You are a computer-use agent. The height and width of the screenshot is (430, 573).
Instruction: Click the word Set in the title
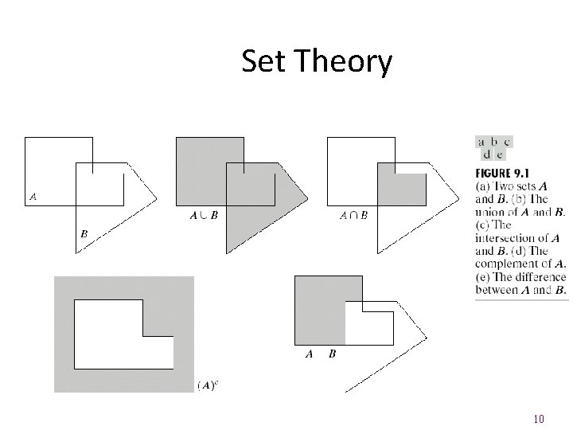pyautogui.click(x=266, y=61)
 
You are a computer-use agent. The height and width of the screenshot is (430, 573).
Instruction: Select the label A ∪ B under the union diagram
pyautogui.click(x=205, y=215)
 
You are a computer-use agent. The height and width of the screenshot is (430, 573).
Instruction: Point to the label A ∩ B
pyautogui.click(x=353, y=215)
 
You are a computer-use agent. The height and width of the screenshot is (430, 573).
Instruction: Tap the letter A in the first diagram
pyautogui.click(x=33, y=195)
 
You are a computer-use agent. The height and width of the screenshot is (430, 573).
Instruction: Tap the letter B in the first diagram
pyautogui.click(x=84, y=234)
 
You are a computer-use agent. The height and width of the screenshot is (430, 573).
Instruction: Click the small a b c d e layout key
pyautogui.click(x=493, y=148)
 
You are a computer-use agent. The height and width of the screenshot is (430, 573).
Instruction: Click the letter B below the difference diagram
pyautogui.click(x=332, y=354)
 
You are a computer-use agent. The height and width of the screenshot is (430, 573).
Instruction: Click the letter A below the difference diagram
pyautogui.click(x=310, y=354)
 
